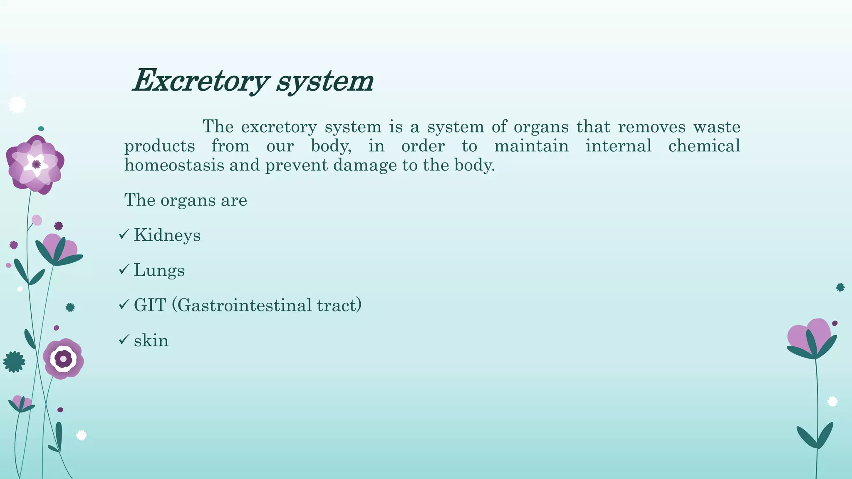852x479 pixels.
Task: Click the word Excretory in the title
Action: click(199, 81)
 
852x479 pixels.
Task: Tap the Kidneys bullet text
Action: click(167, 235)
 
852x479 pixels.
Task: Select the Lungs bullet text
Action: click(159, 270)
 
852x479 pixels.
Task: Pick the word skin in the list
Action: click(151, 341)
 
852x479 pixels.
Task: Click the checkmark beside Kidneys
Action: click(124, 235)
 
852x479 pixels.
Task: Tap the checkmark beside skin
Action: click(124, 340)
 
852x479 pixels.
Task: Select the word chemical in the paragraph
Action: click(704, 146)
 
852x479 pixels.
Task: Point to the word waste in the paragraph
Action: click(717, 127)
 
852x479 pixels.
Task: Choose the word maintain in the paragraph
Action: click(531, 146)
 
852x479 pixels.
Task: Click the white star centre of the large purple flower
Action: click(36, 164)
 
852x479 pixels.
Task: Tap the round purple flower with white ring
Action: click(63, 358)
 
